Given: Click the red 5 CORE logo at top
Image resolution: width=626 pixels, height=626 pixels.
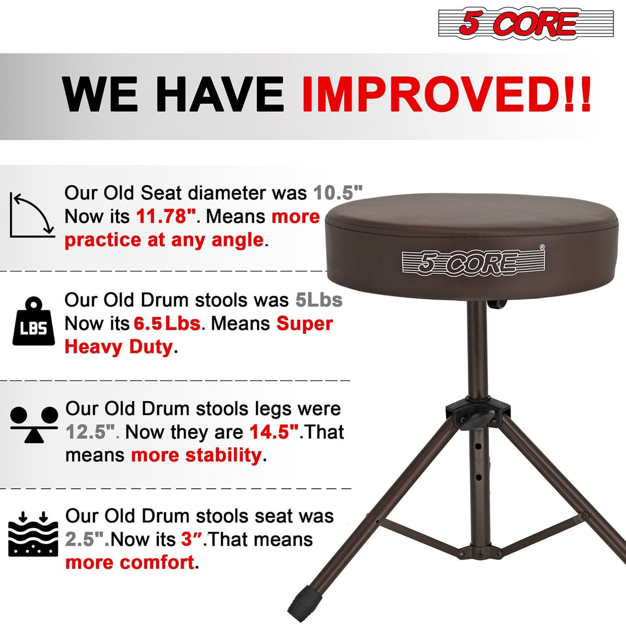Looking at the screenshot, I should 525,23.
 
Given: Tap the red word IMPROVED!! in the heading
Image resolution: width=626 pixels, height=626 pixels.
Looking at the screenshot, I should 446,94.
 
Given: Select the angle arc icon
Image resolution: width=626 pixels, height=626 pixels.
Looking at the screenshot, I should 32,216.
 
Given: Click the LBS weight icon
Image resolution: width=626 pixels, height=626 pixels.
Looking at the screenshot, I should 34,322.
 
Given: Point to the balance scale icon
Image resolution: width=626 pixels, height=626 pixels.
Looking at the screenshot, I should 34,425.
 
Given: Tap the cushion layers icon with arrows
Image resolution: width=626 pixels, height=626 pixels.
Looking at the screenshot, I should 33,533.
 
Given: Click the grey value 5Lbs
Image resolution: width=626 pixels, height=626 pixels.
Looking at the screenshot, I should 319,300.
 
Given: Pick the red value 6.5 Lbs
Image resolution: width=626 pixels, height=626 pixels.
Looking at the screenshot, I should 167,324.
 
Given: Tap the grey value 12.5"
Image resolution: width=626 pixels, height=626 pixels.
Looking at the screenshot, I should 89,432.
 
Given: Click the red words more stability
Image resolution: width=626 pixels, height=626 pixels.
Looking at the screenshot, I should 196,455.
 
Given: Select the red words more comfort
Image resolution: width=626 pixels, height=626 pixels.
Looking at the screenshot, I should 130,563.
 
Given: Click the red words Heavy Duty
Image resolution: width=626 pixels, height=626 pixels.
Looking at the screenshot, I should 118,347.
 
